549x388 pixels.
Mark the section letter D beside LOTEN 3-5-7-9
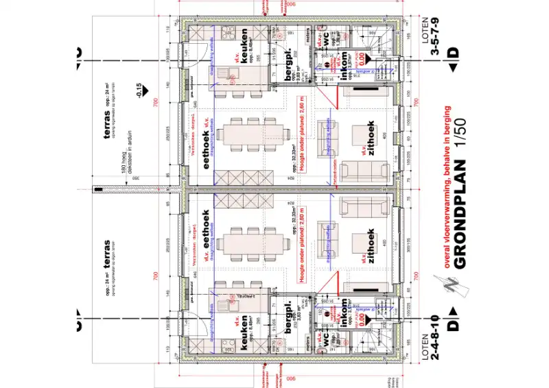point(452,52)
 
